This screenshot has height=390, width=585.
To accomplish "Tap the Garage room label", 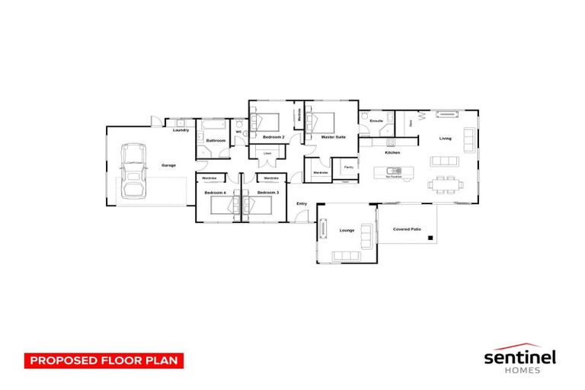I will tap(168, 165).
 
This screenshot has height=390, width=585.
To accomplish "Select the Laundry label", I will tap(181, 130).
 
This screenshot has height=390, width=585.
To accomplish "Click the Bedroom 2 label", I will tap(273, 136).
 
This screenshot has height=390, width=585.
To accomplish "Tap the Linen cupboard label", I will tap(267, 154).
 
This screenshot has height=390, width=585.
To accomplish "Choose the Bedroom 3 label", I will tap(267, 193).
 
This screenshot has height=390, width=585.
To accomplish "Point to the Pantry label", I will tap(348, 167).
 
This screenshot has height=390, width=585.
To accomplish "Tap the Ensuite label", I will tap(376, 121).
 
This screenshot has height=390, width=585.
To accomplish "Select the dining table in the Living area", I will tap(443, 184).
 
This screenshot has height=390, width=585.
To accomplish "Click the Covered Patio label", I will tap(407, 229).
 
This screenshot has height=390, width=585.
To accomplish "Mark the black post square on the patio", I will tap(431, 240).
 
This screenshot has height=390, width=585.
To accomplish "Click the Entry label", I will tap(302, 203).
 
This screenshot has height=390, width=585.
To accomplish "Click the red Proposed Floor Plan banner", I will tap(104, 360).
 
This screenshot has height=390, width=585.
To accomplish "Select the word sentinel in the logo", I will tap(521, 356).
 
